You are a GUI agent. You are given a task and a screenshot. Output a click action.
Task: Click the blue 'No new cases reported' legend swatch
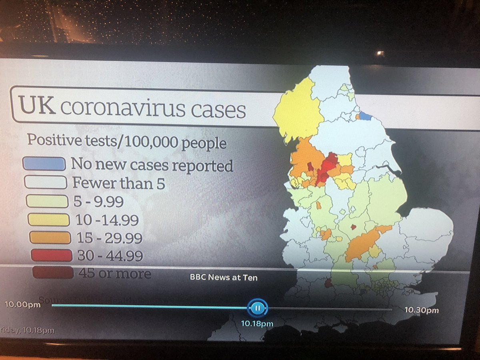click(45, 163)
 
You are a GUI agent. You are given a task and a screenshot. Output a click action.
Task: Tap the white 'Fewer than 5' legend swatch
click(45, 182)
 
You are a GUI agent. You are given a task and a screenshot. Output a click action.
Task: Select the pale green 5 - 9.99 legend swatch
click(46, 201)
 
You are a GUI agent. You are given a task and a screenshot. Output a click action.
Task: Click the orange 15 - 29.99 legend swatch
click(50, 238)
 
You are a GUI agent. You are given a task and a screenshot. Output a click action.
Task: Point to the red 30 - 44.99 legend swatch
click(52, 255)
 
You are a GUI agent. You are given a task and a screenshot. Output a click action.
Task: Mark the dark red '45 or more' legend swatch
click(53, 273)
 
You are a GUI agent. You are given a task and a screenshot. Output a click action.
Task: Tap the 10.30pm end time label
click(421, 310)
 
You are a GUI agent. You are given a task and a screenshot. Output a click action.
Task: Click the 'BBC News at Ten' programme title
click(224, 277)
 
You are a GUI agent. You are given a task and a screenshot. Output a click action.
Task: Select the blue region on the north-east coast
click(365, 116)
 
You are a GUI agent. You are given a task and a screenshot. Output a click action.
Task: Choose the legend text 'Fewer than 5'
click(119, 184)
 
